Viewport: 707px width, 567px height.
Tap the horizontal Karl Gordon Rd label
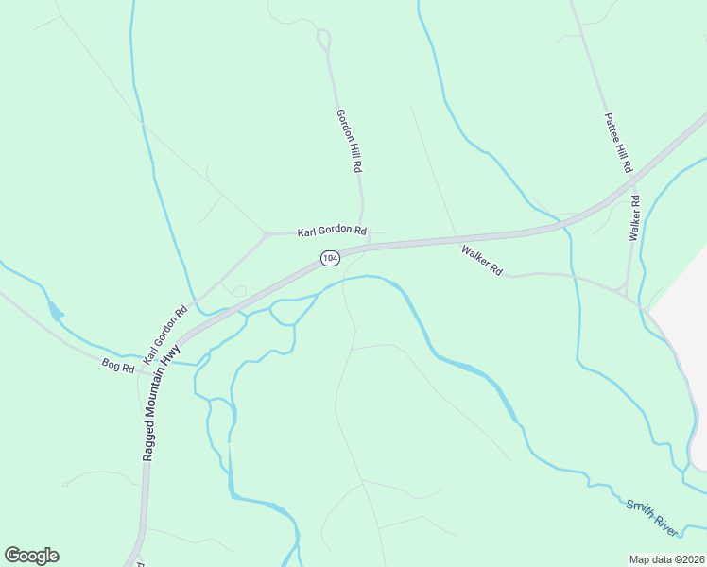(332, 231)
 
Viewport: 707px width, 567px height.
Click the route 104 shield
(329, 258)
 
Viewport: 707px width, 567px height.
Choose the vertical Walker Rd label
(635, 217)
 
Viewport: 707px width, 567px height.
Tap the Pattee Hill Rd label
(617, 143)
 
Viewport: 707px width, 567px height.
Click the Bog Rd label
(119, 364)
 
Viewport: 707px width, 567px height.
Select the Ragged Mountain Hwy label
(161, 402)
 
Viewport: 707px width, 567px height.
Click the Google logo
(31, 556)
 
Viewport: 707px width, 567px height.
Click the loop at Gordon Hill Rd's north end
(324, 40)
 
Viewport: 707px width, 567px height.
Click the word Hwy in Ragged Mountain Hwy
(172, 355)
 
